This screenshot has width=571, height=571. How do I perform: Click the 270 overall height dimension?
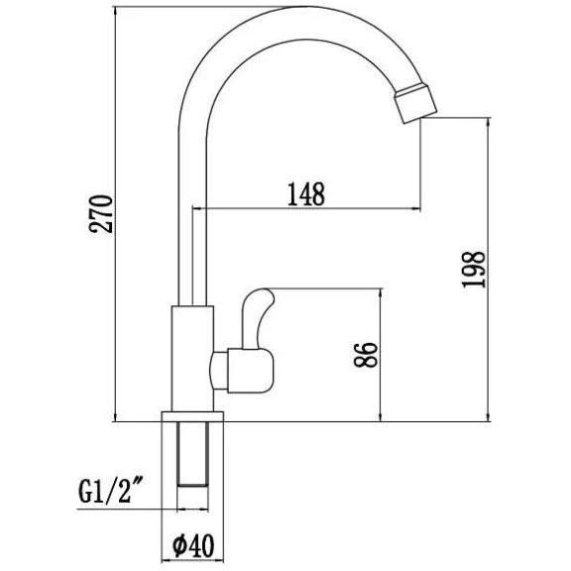click(103, 212)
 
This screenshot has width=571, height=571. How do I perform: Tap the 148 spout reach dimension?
click(306, 194)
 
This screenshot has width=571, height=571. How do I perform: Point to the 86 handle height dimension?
click(366, 355)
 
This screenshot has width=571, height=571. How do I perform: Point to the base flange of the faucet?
click(194, 415)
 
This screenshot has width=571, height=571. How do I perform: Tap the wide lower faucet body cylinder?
click(192, 357)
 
